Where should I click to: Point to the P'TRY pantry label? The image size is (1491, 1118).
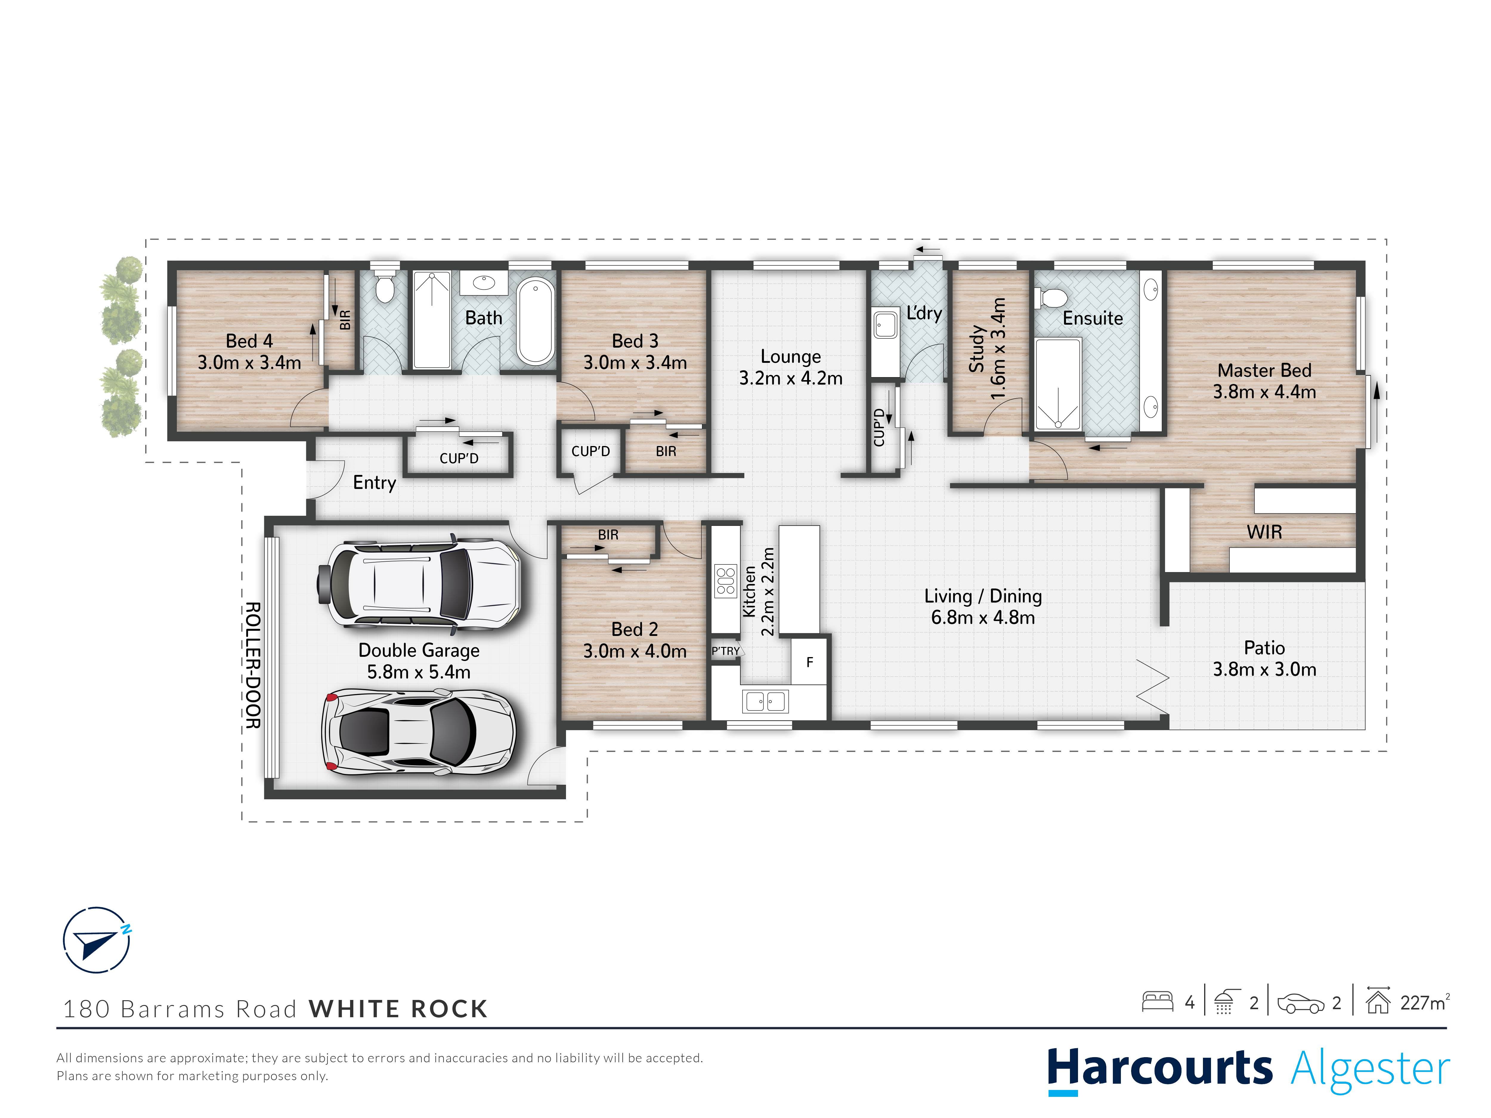(x=725, y=651)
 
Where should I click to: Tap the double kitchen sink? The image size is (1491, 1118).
(x=765, y=702)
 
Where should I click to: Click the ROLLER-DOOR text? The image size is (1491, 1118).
(x=253, y=665)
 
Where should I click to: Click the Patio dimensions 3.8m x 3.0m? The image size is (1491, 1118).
(x=1264, y=669)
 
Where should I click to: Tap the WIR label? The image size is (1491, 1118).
(x=1264, y=532)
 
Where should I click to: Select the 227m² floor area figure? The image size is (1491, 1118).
(x=1424, y=1002)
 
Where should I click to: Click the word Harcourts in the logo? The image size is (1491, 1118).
(x=1159, y=1068)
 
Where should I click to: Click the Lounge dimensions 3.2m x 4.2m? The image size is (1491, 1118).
(x=791, y=378)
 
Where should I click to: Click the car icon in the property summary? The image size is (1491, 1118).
(x=1300, y=1003)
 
